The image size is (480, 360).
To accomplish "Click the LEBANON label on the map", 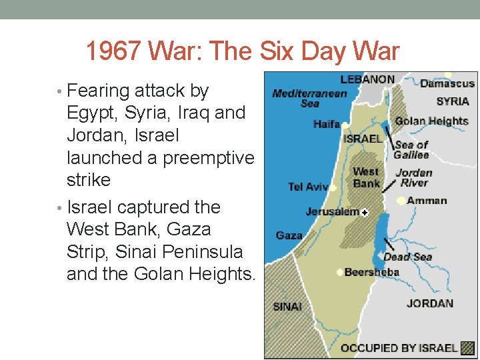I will pyautogui.click(x=367, y=79).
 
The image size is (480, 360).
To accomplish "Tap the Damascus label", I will pyautogui.click(x=447, y=84).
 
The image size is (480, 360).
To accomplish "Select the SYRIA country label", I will pyautogui.click(x=453, y=101).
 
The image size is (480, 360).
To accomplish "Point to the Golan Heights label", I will pyautogui.click(x=431, y=121).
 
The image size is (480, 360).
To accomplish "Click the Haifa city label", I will pyautogui.click(x=326, y=124).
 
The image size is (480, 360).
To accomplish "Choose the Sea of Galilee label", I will pyautogui.click(x=411, y=150).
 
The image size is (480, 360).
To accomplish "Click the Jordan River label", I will pyautogui.click(x=414, y=177).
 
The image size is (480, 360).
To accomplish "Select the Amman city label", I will pyautogui.click(x=427, y=201).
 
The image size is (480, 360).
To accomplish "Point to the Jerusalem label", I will pyautogui.click(x=332, y=212).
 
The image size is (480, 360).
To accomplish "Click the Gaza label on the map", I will pyautogui.click(x=289, y=235).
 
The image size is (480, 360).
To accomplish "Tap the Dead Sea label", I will pyautogui.click(x=407, y=257).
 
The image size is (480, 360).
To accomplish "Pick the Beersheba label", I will pyautogui.click(x=371, y=272).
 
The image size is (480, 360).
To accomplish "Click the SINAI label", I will pyautogui.click(x=287, y=307).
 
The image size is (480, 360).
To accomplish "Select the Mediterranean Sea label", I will pyautogui.click(x=309, y=98).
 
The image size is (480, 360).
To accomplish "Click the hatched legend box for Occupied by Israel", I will pyautogui.click(x=469, y=347).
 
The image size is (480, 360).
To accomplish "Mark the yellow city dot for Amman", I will pyautogui.click(x=401, y=201).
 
